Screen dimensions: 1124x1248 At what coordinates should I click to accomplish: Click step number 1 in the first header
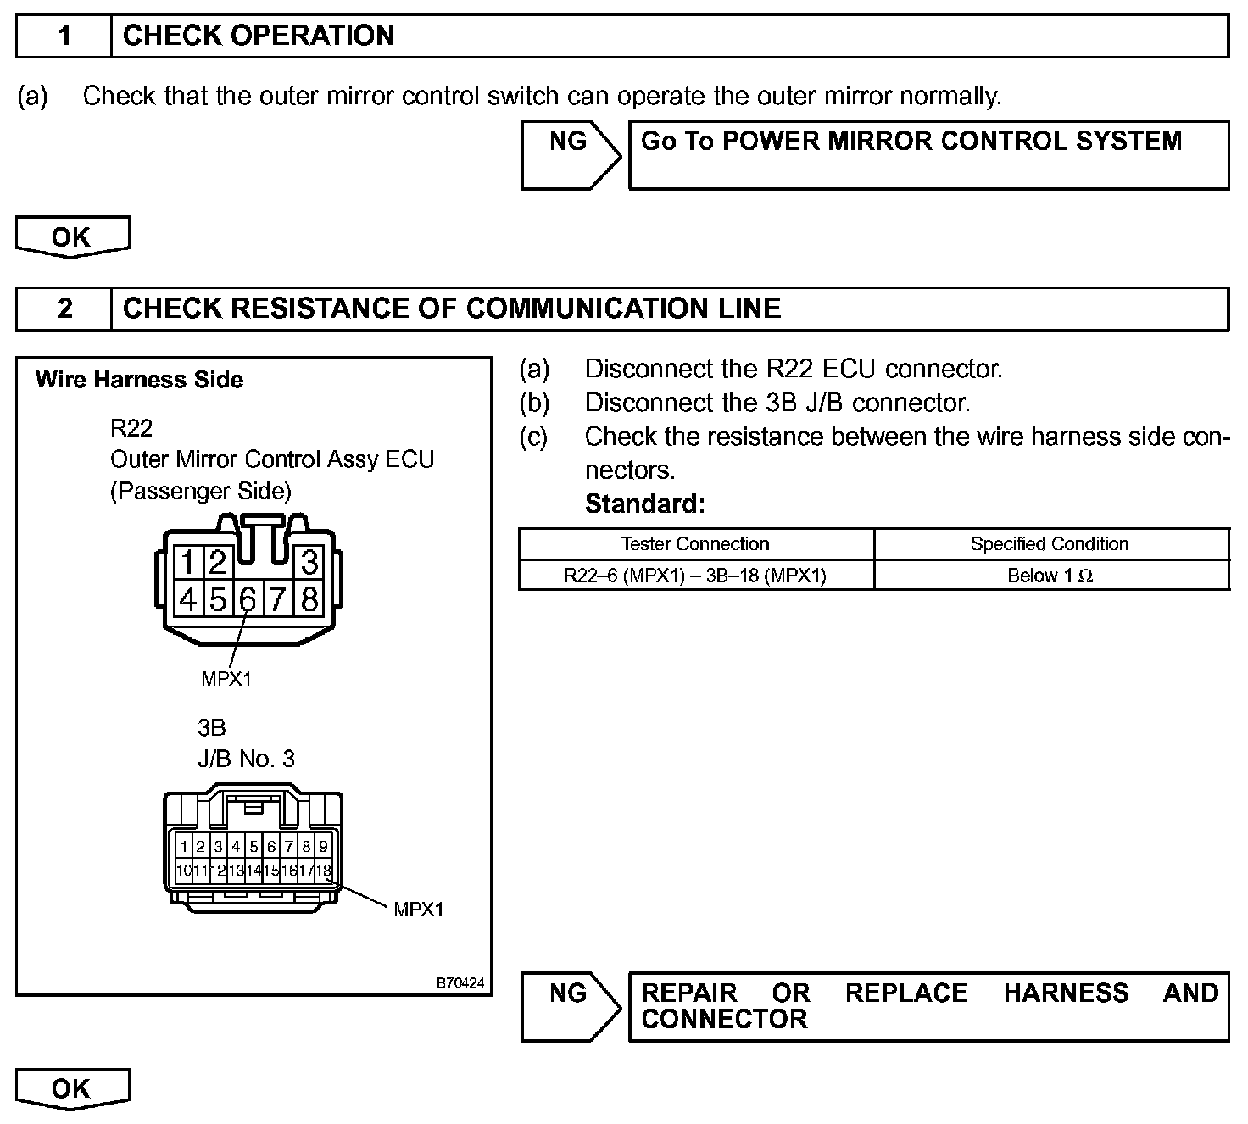pyautogui.click(x=64, y=36)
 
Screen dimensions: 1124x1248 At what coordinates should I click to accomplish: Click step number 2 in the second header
pyautogui.click(x=64, y=309)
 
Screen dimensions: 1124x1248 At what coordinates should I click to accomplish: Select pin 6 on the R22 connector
pyautogui.click(x=247, y=599)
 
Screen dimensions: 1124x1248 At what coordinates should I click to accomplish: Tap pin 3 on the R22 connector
pyautogui.click(x=309, y=562)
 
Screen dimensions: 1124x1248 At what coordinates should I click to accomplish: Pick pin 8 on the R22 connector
pyautogui.click(x=309, y=599)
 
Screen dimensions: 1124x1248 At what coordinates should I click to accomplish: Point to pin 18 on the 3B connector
pyautogui.click(x=323, y=871)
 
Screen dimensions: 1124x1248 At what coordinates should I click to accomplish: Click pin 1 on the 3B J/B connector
pyautogui.click(x=183, y=846)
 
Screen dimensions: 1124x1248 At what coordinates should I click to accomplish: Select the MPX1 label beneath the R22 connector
pyautogui.click(x=226, y=678)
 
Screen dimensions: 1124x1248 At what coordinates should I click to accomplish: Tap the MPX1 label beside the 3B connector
pyautogui.click(x=419, y=910)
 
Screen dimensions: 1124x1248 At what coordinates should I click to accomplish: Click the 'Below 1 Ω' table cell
pyautogui.click(x=1050, y=576)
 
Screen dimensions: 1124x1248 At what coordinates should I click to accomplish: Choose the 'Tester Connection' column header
pyautogui.click(x=695, y=544)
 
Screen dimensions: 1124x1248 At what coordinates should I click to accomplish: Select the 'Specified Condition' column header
pyautogui.click(x=1050, y=544)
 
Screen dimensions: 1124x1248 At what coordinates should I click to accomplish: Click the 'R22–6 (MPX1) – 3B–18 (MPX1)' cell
pyautogui.click(x=695, y=576)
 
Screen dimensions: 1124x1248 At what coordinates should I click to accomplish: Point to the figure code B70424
pyautogui.click(x=460, y=982)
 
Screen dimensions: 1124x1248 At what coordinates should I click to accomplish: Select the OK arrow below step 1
pyautogui.click(x=72, y=237)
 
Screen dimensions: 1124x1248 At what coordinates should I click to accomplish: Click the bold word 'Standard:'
pyautogui.click(x=645, y=504)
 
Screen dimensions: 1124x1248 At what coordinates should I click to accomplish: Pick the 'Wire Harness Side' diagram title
pyautogui.click(x=139, y=380)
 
